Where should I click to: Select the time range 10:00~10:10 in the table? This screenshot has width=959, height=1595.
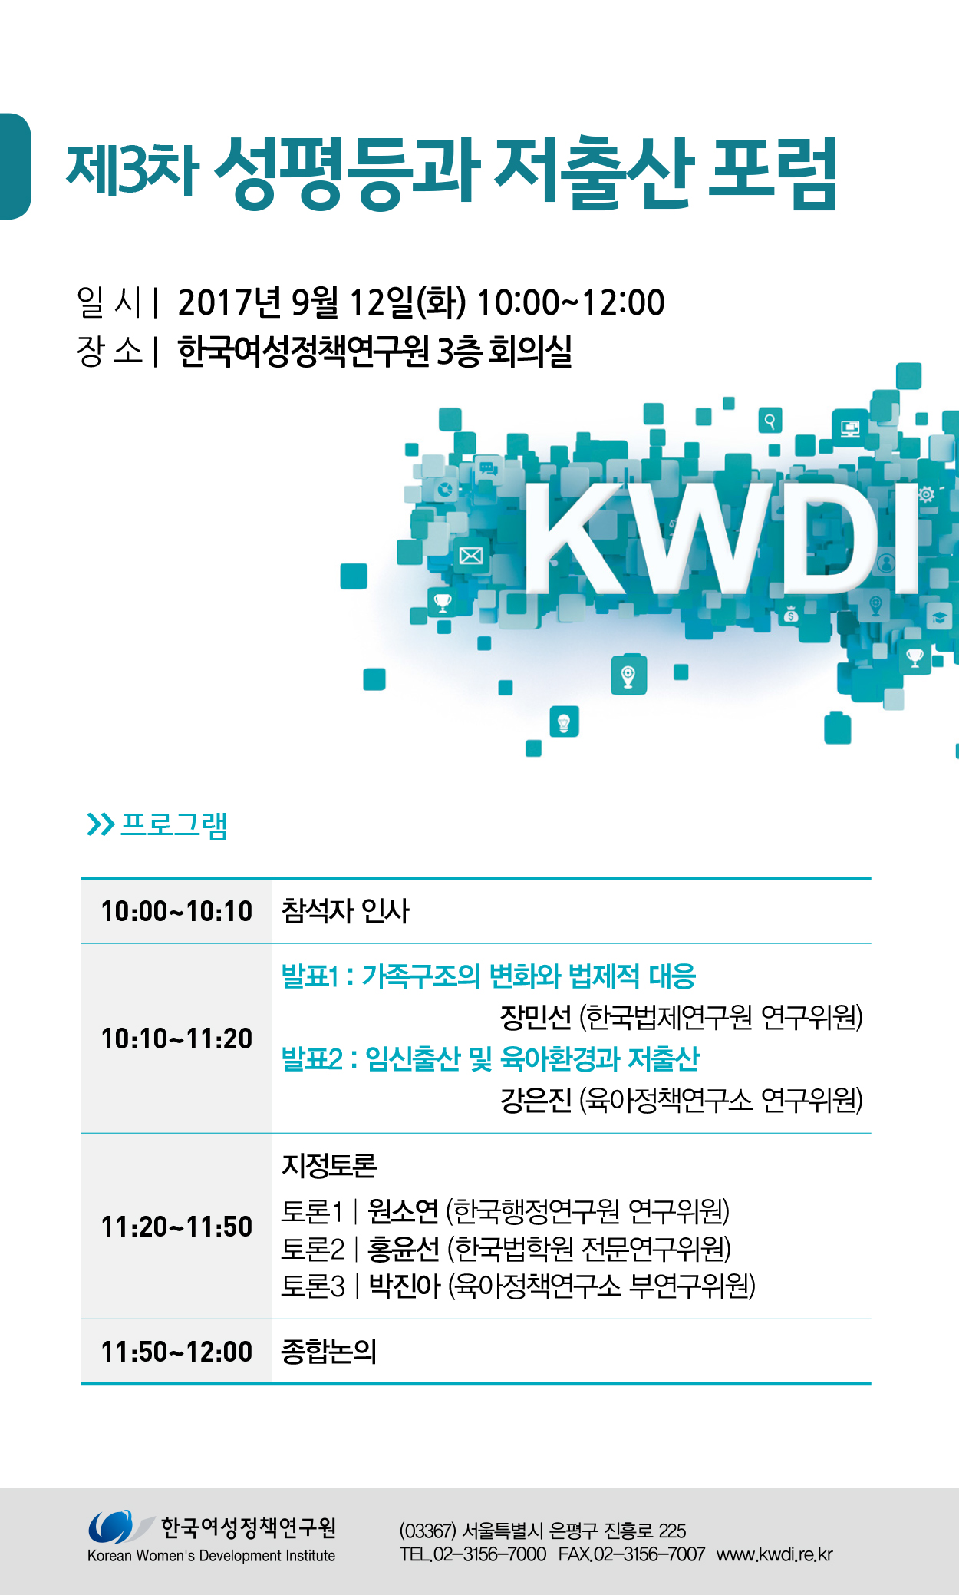click(176, 911)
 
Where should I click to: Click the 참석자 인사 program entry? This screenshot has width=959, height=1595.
click(345, 911)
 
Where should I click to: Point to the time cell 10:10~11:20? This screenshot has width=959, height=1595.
click(176, 1039)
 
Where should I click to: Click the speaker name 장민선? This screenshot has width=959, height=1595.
click(536, 1018)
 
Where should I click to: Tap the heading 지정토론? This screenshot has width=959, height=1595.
click(329, 1165)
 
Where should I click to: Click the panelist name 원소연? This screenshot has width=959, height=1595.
click(403, 1211)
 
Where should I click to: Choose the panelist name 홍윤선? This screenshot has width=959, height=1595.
click(404, 1249)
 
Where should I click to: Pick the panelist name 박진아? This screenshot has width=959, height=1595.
click(404, 1286)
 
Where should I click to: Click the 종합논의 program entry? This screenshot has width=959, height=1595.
click(329, 1352)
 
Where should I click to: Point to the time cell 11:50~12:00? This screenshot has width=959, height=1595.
click(176, 1352)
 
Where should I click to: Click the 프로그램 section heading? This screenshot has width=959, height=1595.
click(174, 825)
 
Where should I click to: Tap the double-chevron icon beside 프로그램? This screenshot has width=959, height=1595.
click(101, 824)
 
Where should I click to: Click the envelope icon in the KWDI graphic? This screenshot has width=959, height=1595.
click(471, 556)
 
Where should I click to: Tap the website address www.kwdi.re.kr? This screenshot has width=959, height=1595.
click(775, 1554)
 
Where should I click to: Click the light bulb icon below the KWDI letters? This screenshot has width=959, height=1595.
click(564, 722)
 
